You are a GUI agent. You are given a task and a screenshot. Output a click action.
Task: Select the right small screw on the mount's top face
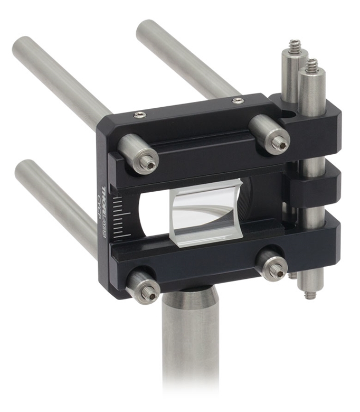point(236,100)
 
